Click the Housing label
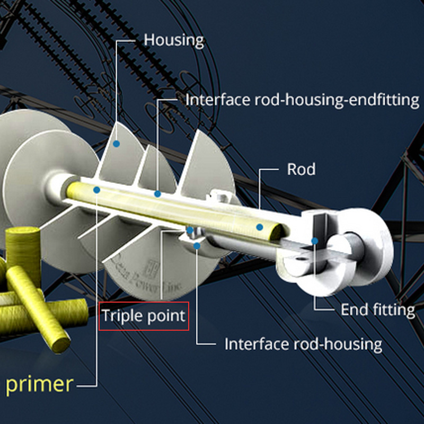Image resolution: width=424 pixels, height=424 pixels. click(174, 40)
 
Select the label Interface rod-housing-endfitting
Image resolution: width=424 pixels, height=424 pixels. click(302, 100)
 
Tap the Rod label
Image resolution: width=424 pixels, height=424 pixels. click(301, 170)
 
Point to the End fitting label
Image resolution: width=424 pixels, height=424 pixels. click(377, 310)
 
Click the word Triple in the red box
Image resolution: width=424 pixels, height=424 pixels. click(122, 316)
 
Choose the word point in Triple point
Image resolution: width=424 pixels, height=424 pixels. click(165, 316)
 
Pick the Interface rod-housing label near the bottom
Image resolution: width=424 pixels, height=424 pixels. click(303, 344)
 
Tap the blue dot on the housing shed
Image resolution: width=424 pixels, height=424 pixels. click(116, 143)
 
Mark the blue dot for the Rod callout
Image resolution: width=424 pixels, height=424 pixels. click(259, 227)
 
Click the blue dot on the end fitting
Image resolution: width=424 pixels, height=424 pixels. click(314, 241)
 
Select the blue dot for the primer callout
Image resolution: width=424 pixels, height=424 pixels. click(96, 189)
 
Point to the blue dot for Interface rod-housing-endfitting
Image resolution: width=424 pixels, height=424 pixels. click(157, 194)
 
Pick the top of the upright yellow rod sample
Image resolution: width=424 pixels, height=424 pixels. click(23, 233)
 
